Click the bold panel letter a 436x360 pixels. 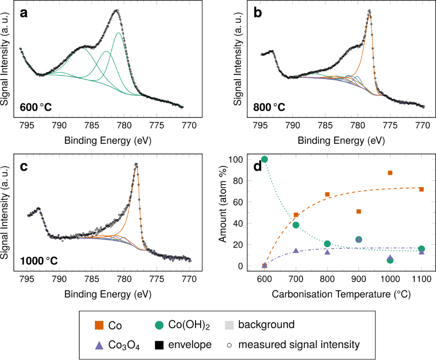pyautogui.click(x=24, y=13)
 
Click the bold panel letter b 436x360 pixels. pyautogui.click(x=258, y=13)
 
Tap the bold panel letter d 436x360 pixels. pyautogui.click(x=258, y=167)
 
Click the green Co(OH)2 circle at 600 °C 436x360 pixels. pyautogui.click(x=264, y=159)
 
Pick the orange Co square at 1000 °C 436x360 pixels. pyautogui.click(x=390, y=173)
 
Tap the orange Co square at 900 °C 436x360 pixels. pyautogui.click(x=359, y=211)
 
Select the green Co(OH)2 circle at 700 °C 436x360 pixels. pyautogui.click(x=296, y=225)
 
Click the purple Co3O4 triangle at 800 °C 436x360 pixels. pyautogui.click(x=327, y=252)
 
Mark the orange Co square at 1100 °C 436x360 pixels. pyautogui.click(x=422, y=189)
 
